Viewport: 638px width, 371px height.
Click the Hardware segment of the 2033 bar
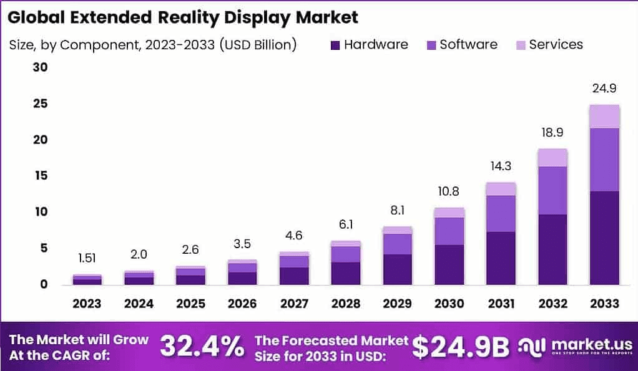(x=604, y=238)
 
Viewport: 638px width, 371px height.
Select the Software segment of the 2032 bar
(x=552, y=190)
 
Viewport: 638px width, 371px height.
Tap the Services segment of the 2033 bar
(x=604, y=116)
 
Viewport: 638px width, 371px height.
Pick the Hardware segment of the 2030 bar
(x=449, y=264)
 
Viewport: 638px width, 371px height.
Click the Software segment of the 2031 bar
(x=501, y=213)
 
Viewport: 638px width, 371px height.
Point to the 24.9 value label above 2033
(x=604, y=88)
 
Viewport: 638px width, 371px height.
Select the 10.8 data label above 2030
(x=449, y=191)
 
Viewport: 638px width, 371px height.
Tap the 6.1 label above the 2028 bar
(x=346, y=224)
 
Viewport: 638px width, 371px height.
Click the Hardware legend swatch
(x=335, y=45)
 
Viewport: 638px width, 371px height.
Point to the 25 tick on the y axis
(x=40, y=104)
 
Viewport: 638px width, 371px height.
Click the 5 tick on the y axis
(x=44, y=248)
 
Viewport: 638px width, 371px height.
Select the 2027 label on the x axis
(x=294, y=304)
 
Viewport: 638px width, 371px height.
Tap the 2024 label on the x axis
(x=139, y=304)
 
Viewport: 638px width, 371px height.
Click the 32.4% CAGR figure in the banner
(x=202, y=347)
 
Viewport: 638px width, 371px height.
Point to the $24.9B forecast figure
(x=461, y=347)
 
